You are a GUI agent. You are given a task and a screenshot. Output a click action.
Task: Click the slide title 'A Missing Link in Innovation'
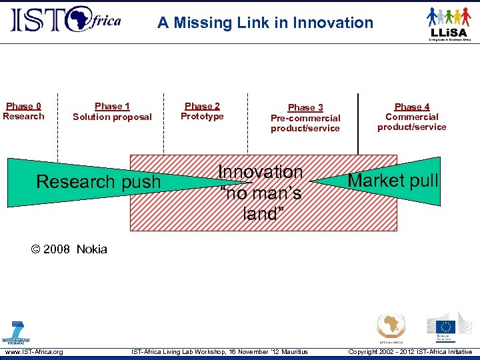tap(265, 23)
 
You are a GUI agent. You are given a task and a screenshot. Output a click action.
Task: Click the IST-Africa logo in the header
tap(65, 20)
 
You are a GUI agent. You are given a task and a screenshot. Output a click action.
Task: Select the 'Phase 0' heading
tap(23, 106)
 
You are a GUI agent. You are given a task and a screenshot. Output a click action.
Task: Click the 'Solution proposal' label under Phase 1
tap(112, 117)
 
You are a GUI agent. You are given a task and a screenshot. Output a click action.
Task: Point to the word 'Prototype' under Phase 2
tap(202, 117)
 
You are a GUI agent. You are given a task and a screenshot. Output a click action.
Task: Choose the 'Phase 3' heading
tap(305, 107)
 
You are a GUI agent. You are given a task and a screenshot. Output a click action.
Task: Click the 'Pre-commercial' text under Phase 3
tap(305, 118)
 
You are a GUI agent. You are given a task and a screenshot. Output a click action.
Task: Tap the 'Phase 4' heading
tap(412, 107)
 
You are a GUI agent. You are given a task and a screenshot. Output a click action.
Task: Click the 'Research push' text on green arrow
tap(99, 181)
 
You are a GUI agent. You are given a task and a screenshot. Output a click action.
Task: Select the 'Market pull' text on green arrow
tap(393, 180)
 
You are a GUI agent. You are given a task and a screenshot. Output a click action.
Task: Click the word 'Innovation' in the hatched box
tap(261, 172)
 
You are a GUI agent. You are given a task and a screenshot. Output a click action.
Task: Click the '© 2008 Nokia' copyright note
tap(69, 249)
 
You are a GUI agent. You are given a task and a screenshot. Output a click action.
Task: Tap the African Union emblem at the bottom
tap(391, 327)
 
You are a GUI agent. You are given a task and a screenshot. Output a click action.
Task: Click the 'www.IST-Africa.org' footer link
tap(34, 352)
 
